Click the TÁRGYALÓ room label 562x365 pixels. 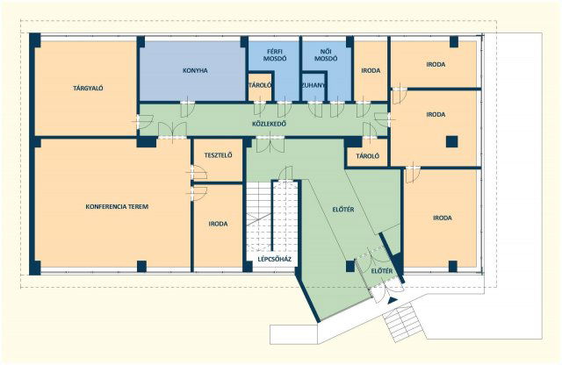click(88, 88)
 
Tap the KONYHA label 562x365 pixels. click(195, 70)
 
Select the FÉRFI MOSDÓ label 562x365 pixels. click(275, 55)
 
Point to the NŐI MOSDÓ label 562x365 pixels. click(326, 55)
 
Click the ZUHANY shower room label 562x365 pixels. click(313, 85)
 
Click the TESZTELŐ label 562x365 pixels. click(218, 155)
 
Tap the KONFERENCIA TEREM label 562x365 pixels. click(117, 207)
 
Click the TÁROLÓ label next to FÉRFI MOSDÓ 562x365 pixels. click(260, 85)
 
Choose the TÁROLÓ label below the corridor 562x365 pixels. click(368, 156)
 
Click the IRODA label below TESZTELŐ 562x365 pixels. click(218, 224)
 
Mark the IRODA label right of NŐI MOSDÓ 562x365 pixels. click(371, 70)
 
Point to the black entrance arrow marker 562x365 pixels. click(393, 301)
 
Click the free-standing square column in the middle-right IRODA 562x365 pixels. click(451, 142)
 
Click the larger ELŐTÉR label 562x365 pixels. click(342, 210)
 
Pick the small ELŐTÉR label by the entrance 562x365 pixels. click(382, 271)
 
